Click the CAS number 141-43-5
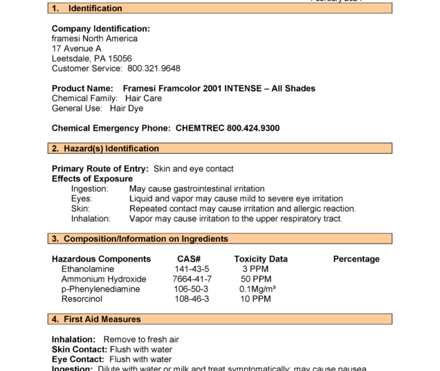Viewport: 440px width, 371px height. pos(192,269)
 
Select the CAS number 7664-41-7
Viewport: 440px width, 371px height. pos(192,279)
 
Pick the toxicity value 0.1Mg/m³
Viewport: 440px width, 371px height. pos(257,289)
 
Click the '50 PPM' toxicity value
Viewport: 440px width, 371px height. pos(256,279)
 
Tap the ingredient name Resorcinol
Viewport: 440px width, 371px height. pos(82,299)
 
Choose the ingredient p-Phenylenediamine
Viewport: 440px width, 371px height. pos(101,289)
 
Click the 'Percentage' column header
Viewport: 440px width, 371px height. pos(356,259)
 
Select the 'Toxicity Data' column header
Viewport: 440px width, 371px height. pos(261,259)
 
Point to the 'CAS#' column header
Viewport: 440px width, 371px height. pos(189,259)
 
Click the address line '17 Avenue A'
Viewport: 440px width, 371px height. pos(77,49)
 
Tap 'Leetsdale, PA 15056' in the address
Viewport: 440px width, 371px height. pos(92,59)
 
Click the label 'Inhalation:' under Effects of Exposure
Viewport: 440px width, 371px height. pos(91,219)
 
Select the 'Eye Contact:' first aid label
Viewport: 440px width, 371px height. pos(78,359)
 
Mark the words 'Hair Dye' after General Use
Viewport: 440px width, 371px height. pos(127,109)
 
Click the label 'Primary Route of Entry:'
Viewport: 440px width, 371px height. pos(100,169)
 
